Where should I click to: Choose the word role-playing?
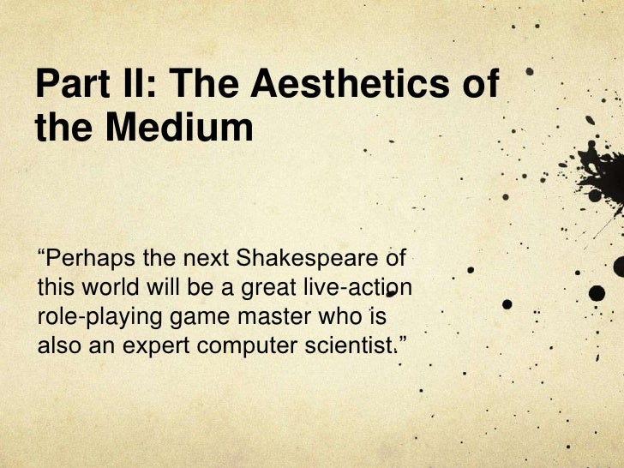pos(87,317)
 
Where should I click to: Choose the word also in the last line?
pos(55,346)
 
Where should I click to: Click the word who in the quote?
pos(339,316)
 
